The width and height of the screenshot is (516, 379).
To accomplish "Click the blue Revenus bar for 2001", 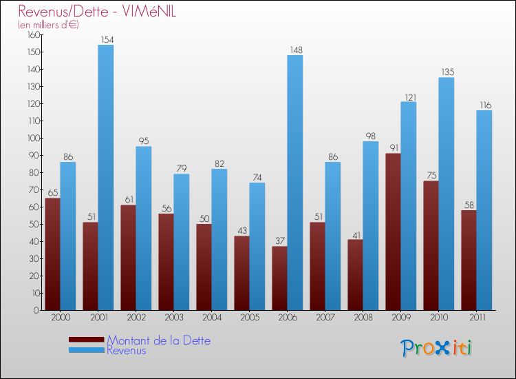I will tap(105, 177).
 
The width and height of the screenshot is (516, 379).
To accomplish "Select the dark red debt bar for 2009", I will tap(394, 232).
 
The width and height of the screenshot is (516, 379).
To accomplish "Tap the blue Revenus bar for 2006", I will tap(294, 183).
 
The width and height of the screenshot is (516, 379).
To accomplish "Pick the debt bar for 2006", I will tap(279, 278).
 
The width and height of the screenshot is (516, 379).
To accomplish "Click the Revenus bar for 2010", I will tap(446, 194).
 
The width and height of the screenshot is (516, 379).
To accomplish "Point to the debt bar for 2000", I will tap(52, 254).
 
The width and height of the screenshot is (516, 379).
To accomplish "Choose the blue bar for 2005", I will tap(257, 246).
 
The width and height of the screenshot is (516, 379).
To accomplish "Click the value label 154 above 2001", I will tap(105, 39).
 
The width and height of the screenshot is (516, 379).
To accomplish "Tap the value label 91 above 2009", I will tap(394, 147).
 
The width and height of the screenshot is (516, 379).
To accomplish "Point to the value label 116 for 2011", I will tap(484, 105).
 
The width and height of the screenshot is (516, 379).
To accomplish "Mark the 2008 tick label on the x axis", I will tap(362, 318).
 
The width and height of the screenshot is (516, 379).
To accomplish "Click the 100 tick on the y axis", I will tap(31, 138).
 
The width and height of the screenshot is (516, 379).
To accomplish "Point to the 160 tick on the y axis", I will tap(31, 34).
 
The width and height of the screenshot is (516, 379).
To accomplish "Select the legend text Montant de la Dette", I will tap(158, 340).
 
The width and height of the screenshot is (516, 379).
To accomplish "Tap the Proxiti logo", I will tap(437, 348).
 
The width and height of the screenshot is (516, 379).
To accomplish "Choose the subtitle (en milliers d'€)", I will tap(48, 25).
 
